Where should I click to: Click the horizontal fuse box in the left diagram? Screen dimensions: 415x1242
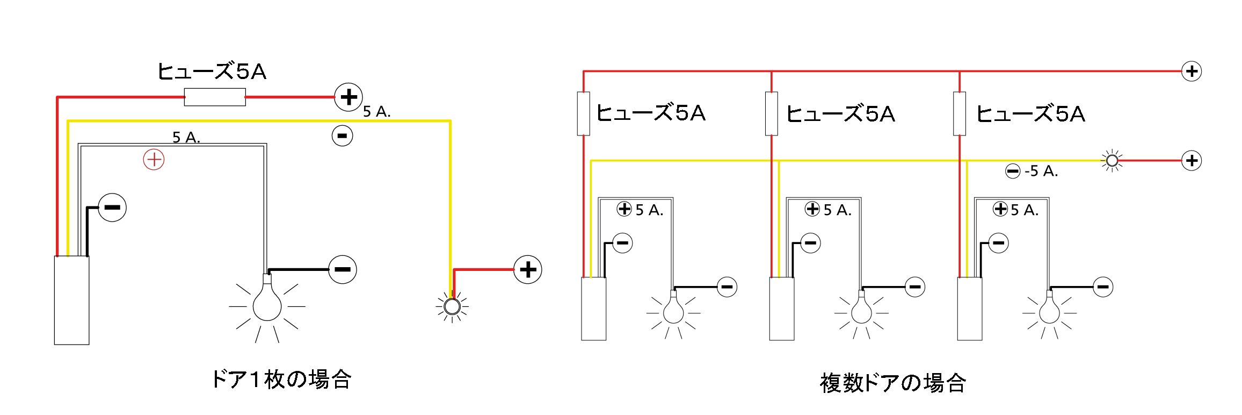tap(215, 97)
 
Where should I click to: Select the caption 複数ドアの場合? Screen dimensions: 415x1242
tap(893, 383)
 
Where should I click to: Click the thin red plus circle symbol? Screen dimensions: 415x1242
tap(154, 160)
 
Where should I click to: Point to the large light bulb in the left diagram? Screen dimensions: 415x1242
tap(267, 304)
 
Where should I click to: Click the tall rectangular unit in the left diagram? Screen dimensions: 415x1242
tap(71, 300)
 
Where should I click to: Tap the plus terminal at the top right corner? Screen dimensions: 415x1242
tap(1192, 71)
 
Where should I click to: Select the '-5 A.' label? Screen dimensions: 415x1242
tap(1041, 171)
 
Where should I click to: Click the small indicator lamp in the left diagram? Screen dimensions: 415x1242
tap(452, 306)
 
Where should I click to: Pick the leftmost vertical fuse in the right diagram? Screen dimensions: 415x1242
tap(583, 113)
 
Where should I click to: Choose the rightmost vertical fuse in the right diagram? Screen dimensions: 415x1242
tap(960, 113)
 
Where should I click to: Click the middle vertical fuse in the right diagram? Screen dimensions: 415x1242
tap(771, 113)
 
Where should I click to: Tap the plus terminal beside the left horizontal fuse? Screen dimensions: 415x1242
tap(348, 97)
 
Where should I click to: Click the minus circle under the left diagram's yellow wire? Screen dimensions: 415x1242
tap(342, 135)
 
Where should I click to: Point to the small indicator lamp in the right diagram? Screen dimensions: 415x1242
tap(1112, 161)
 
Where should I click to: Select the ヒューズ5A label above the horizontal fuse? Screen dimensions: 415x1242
tap(212, 71)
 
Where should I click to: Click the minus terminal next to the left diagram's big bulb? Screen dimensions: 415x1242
tap(343, 269)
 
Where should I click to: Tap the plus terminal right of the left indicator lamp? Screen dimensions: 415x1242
tap(528, 269)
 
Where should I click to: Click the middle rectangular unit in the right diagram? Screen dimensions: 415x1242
tap(782, 309)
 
